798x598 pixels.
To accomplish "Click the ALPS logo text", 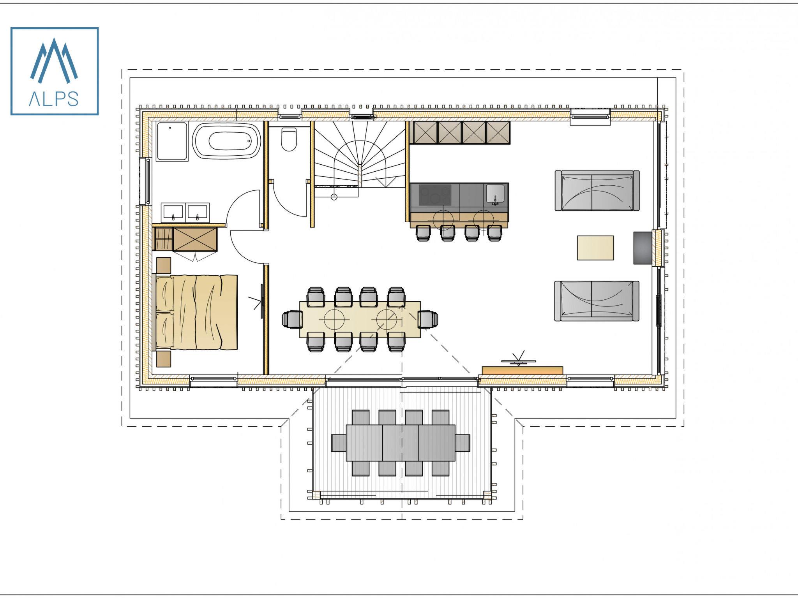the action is pyautogui.click(x=53, y=99).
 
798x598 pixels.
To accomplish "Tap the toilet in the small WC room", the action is pyautogui.click(x=289, y=139).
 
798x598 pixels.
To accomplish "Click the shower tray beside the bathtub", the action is pyautogui.click(x=172, y=141).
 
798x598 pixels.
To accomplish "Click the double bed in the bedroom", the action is pyautogui.click(x=196, y=312).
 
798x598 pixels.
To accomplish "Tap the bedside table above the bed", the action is pyautogui.click(x=164, y=265).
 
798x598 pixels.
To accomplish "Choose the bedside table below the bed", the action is pyautogui.click(x=164, y=359).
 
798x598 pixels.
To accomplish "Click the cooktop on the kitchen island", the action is pyautogui.click(x=435, y=195).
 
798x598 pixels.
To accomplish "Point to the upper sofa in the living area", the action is pyautogui.click(x=597, y=191).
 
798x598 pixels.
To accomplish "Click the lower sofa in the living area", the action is pyautogui.click(x=597, y=301).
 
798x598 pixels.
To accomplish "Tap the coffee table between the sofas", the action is pyautogui.click(x=595, y=248).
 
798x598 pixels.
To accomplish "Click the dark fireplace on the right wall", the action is pyautogui.click(x=643, y=248).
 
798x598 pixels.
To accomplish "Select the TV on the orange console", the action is pyautogui.click(x=519, y=361).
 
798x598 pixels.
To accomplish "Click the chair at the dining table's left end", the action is pyautogui.click(x=292, y=320).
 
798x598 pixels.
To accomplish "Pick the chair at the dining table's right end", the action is pyautogui.click(x=428, y=320).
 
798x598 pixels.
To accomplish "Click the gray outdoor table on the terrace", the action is pyautogui.click(x=401, y=443).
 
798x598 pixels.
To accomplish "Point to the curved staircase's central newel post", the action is pyautogui.click(x=361, y=176).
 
